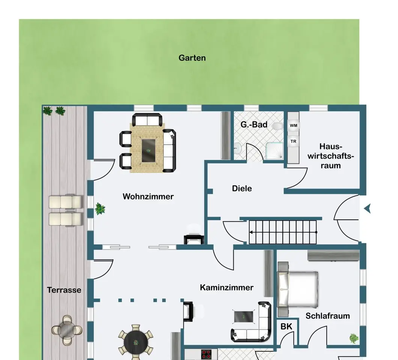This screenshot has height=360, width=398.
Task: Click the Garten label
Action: click(x=192, y=58)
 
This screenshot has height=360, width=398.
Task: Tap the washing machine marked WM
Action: click(x=293, y=125)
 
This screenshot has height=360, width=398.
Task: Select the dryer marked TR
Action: click(x=293, y=141)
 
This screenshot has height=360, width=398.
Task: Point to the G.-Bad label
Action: click(x=254, y=124)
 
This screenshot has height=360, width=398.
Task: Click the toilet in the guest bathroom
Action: click(x=277, y=126)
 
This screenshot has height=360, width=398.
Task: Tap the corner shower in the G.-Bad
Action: click(x=274, y=151)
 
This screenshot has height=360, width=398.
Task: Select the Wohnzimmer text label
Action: click(x=148, y=196)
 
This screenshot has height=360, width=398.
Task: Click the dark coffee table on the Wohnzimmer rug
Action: click(x=148, y=151)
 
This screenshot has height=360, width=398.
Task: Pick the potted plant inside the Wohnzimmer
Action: click(x=100, y=209)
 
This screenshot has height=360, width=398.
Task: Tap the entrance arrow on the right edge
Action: click(x=367, y=208)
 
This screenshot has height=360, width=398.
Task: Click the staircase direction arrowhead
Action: click(x=251, y=232)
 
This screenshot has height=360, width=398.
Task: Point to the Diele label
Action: click(x=242, y=188)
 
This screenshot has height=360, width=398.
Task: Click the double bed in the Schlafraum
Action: click(x=298, y=289)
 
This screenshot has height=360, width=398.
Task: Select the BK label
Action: click(x=286, y=327)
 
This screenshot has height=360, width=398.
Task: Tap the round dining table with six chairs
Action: click(x=136, y=342)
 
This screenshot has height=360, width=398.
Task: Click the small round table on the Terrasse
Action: click(x=67, y=330)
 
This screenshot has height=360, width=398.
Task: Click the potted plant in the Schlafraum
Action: click(x=354, y=338)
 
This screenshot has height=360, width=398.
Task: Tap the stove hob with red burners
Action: click(x=206, y=354)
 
